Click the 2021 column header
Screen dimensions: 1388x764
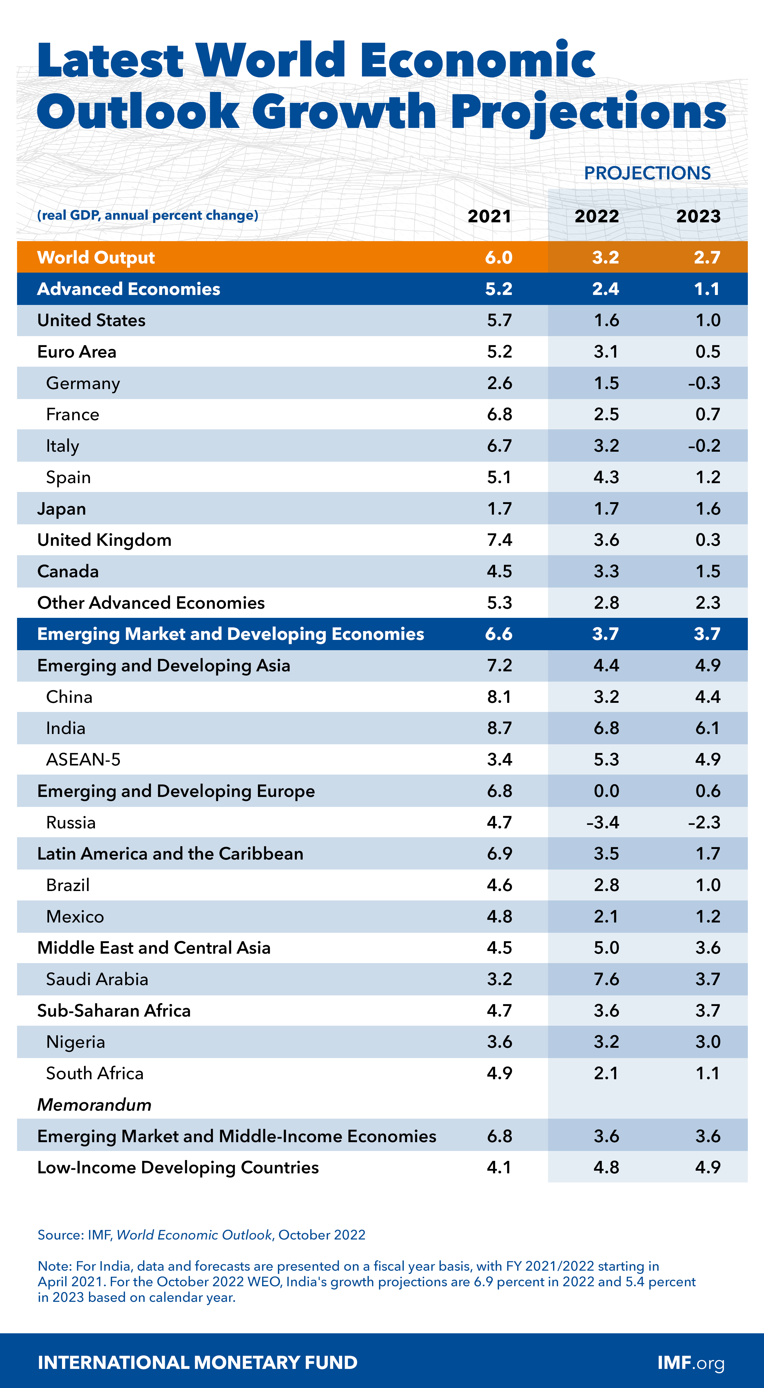[x=489, y=216]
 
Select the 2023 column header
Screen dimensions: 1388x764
[x=698, y=216]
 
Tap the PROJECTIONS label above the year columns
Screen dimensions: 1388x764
[x=647, y=173]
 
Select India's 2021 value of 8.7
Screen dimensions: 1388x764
[x=499, y=728]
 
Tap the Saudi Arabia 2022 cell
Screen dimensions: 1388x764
[x=606, y=979]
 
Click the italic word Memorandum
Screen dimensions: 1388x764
[x=94, y=1105]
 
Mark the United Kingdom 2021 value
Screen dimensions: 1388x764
[x=499, y=540]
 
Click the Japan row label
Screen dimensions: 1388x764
[x=61, y=509]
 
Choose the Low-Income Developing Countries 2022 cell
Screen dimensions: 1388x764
[x=606, y=1167]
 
